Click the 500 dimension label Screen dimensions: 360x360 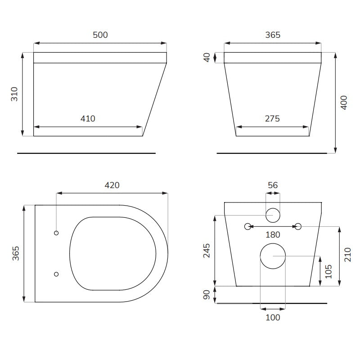[100, 35]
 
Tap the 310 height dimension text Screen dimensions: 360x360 [14, 94]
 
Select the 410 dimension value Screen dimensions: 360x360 [88, 119]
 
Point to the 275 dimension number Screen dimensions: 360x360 [272, 119]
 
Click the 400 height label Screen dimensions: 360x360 [344, 103]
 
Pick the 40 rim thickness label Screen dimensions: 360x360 [207, 58]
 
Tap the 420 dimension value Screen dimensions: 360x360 [112, 185]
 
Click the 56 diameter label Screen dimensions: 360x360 [273, 185]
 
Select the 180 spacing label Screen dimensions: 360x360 [273, 234]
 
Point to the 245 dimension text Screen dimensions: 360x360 [207, 251]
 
